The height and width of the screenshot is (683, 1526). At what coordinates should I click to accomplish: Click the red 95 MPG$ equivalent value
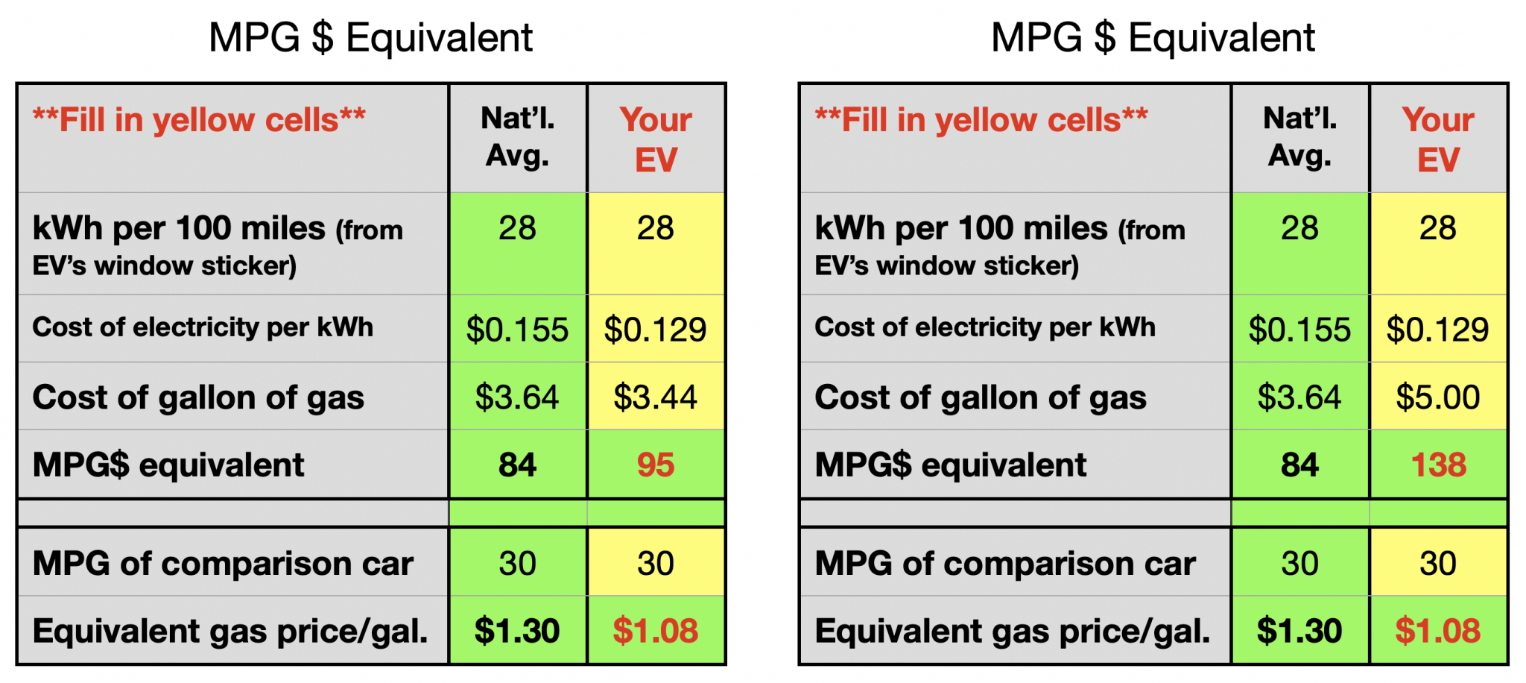pyautogui.click(x=655, y=465)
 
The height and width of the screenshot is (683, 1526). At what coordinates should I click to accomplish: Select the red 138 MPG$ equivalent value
pyautogui.click(x=1438, y=465)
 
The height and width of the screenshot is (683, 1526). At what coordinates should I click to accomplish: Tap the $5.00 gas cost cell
pyautogui.click(x=1438, y=397)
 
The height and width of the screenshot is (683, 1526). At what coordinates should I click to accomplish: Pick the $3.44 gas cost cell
pyautogui.click(x=655, y=397)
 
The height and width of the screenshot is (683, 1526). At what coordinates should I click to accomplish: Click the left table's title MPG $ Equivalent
pyautogui.click(x=370, y=37)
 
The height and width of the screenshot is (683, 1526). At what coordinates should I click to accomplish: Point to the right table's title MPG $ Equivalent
pyautogui.click(x=1153, y=37)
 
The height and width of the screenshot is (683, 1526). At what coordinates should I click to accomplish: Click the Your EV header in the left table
pyautogui.click(x=656, y=139)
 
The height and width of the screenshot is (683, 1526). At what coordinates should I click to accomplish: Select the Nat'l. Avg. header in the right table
pyautogui.click(x=1299, y=137)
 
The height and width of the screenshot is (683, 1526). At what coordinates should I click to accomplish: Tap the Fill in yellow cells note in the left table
pyautogui.click(x=199, y=120)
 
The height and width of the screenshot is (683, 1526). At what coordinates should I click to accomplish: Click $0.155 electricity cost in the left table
pyautogui.click(x=517, y=330)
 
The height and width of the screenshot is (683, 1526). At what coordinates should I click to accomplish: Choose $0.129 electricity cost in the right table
pyautogui.click(x=1437, y=330)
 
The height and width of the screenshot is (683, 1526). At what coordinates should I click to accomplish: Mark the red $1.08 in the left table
pyautogui.click(x=655, y=632)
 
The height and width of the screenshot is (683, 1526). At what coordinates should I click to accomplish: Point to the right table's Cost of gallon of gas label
pyautogui.click(x=980, y=397)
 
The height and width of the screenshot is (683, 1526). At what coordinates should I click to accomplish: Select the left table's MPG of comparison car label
pyautogui.click(x=223, y=564)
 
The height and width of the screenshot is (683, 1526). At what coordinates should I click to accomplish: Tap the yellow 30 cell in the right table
pyautogui.click(x=1437, y=564)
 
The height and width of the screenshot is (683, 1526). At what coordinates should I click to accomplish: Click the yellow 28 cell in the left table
pyautogui.click(x=655, y=228)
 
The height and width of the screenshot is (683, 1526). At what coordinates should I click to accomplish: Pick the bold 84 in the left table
pyautogui.click(x=517, y=465)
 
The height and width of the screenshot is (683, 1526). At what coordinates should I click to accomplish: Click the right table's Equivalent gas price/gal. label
pyautogui.click(x=1012, y=632)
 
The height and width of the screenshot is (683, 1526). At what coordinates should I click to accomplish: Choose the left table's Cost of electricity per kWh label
pyautogui.click(x=203, y=327)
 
